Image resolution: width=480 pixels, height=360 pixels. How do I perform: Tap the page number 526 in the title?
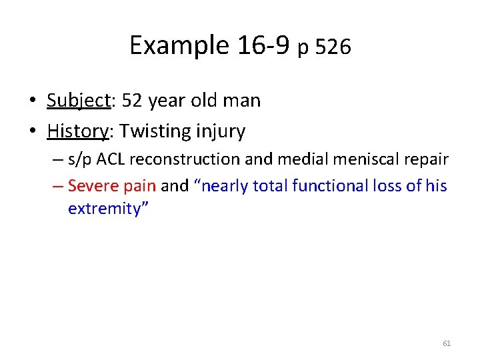(x=333, y=47)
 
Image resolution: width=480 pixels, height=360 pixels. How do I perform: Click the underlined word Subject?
(x=78, y=101)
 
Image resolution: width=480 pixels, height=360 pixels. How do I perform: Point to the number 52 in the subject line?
(x=131, y=101)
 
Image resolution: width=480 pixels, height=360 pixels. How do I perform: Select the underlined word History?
(x=78, y=131)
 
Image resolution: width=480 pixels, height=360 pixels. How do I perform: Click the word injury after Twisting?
(x=221, y=131)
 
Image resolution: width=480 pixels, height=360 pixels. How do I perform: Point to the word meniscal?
(x=364, y=159)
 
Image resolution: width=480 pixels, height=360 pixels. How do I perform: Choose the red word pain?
(x=140, y=186)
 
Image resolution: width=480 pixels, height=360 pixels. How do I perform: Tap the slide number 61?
(x=447, y=343)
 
